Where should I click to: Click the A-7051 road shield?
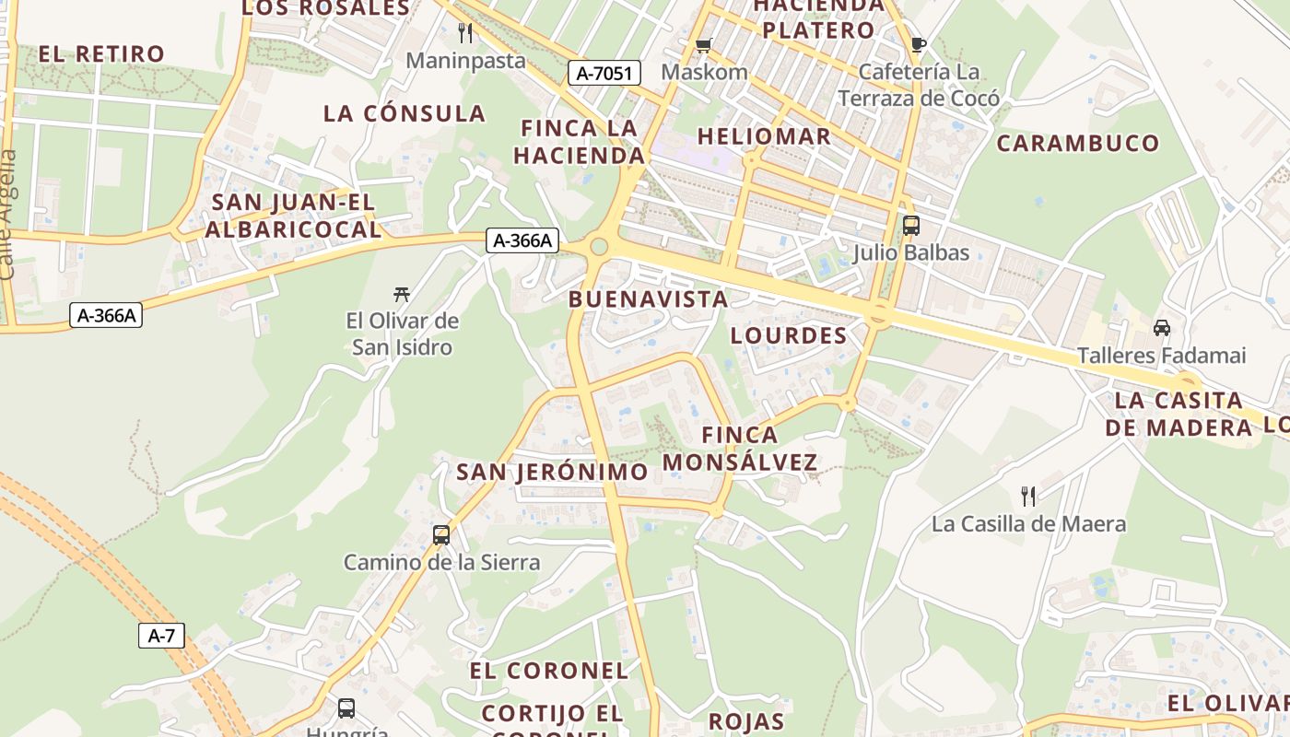[604, 73]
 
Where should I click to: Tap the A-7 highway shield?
[161, 635]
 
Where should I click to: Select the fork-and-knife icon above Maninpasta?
[465, 33]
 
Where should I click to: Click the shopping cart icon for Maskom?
[704, 44]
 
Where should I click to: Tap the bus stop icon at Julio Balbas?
[910, 225]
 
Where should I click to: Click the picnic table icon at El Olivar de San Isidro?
[401, 294]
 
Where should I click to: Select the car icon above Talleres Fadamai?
[1161, 328]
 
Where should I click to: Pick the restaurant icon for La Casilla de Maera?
[1028, 497]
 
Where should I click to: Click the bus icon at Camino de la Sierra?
[441, 534]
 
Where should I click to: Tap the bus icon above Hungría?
[346, 708]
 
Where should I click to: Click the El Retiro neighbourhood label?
[101, 53]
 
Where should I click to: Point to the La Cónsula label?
[404, 113]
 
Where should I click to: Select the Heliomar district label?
[764, 136]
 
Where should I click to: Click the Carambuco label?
[1077, 143]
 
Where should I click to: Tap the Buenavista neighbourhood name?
[648, 298]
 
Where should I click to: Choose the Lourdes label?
[788, 335]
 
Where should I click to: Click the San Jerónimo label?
[552, 472]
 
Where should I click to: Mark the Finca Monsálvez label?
[740, 448]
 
